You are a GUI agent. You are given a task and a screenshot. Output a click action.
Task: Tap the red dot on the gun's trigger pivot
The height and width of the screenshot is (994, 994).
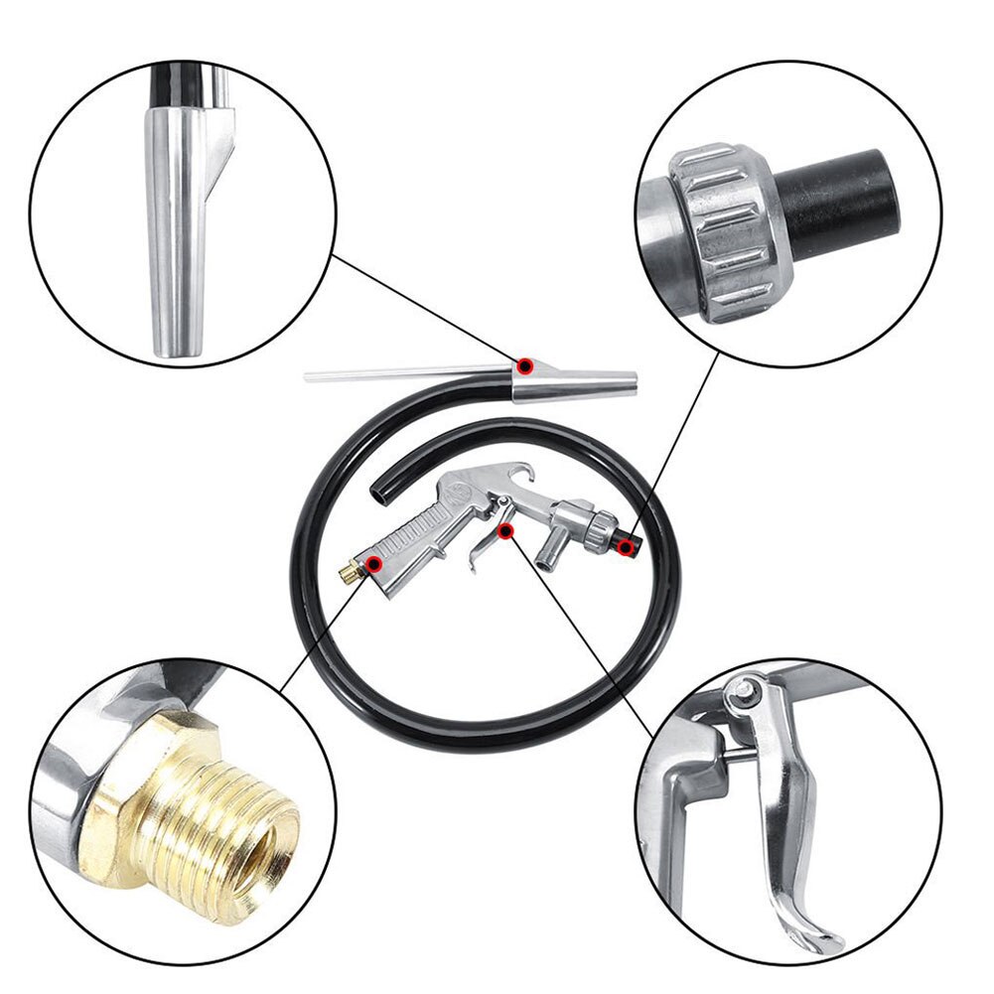(x=505, y=532)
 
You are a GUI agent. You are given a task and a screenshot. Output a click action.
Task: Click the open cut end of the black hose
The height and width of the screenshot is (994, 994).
(x=375, y=491)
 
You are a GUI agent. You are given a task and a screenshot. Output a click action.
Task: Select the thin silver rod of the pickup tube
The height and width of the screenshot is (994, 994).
(x=397, y=374)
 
